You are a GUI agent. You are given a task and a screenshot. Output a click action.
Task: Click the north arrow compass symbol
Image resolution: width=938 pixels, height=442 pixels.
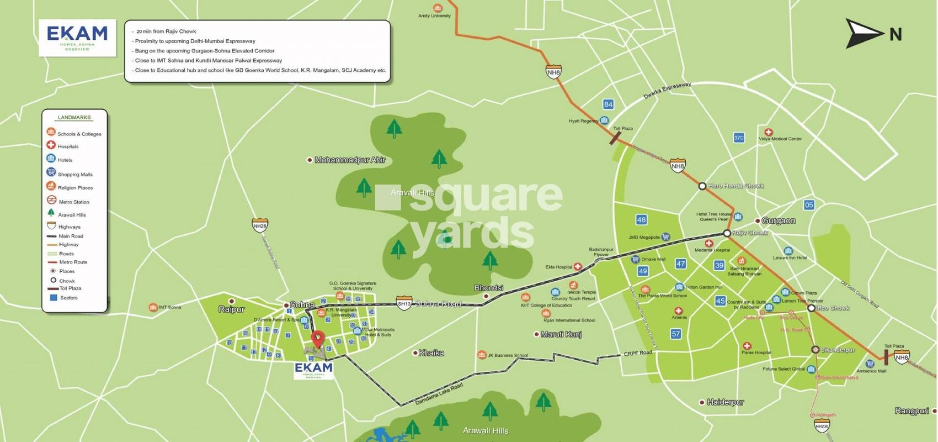pyautogui.click(x=864, y=33)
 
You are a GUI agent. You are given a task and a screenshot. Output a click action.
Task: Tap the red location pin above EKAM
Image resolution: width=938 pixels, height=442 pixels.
pyautogui.click(x=318, y=339)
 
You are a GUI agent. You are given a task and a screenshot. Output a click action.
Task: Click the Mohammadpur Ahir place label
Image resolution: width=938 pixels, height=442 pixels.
pyautogui.click(x=349, y=160)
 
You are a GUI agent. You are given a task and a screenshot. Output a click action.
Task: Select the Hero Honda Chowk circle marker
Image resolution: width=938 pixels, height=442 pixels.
pyautogui.click(x=702, y=186)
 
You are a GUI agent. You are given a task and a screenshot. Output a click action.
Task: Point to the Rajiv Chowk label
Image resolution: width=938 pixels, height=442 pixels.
pyautogui.click(x=750, y=233)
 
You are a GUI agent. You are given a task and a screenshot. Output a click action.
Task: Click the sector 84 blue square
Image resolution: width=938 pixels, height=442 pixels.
pyautogui.click(x=608, y=104)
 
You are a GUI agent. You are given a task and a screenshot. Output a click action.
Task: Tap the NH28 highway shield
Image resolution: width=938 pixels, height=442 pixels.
pyautogui.click(x=260, y=225)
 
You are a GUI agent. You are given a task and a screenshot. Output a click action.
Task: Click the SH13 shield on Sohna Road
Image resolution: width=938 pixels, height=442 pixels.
pyautogui.click(x=404, y=304)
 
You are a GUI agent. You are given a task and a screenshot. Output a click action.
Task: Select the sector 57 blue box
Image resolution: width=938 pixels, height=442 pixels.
pyautogui.click(x=676, y=334)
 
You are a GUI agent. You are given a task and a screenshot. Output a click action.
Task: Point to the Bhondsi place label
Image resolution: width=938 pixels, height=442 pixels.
pyautogui.click(x=488, y=288)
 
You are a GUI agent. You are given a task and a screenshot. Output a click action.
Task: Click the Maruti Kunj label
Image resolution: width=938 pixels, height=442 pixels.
pyautogui.click(x=561, y=334)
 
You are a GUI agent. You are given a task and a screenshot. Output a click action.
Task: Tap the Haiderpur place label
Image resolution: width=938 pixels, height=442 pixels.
pyautogui.click(x=725, y=402)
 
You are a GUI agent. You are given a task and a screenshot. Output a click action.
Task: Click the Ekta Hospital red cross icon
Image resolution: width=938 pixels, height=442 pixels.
pyautogui.click(x=578, y=267)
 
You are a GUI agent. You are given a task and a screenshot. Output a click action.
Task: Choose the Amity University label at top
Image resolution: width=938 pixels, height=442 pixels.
pyautogui.click(x=434, y=15)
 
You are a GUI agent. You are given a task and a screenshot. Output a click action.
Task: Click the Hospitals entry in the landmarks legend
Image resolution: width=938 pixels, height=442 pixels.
pyautogui.click(x=68, y=146)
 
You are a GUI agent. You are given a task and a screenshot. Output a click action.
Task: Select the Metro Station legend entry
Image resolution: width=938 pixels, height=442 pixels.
pyautogui.click(x=74, y=202)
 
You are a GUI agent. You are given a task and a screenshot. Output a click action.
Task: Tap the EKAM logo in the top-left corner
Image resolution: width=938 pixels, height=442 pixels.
pyautogui.click(x=77, y=38)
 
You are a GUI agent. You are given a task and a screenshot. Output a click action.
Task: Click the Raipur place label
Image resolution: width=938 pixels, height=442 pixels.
pyautogui.click(x=231, y=309)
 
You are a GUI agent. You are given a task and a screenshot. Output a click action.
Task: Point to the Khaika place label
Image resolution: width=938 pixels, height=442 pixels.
pyautogui.click(x=431, y=352)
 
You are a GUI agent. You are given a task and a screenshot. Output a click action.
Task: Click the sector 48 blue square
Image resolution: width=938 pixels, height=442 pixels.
pyautogui.click(x=641, y=220)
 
